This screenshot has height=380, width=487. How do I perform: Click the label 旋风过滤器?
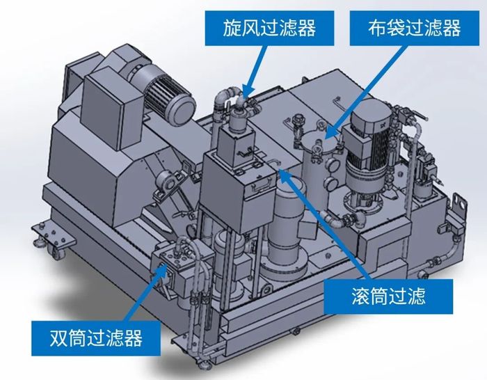pyautogui.click(x=269, y=28)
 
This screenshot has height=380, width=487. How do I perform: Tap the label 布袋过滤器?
pyautogui.click(x=415, y=28)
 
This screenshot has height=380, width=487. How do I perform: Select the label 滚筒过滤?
pyautogui.click(x=388, y=296)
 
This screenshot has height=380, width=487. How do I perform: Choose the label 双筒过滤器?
pyautogui.click(x=96, y=338)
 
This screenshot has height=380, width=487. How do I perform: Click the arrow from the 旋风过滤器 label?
pyautogui.click(x=255, y=72)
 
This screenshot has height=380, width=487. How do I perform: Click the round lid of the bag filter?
pyautogui.click(x=320, y=140)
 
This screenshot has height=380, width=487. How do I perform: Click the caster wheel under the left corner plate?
pyautogui.click(x=60, y=251)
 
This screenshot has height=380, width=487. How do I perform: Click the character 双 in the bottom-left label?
pyautogui.click(x=59, y=338)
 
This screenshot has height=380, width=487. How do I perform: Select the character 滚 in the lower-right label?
pyautogui.click(x=361, y=296)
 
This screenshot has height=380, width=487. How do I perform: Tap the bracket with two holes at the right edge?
pyautogui.click(x=459, y=205)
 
